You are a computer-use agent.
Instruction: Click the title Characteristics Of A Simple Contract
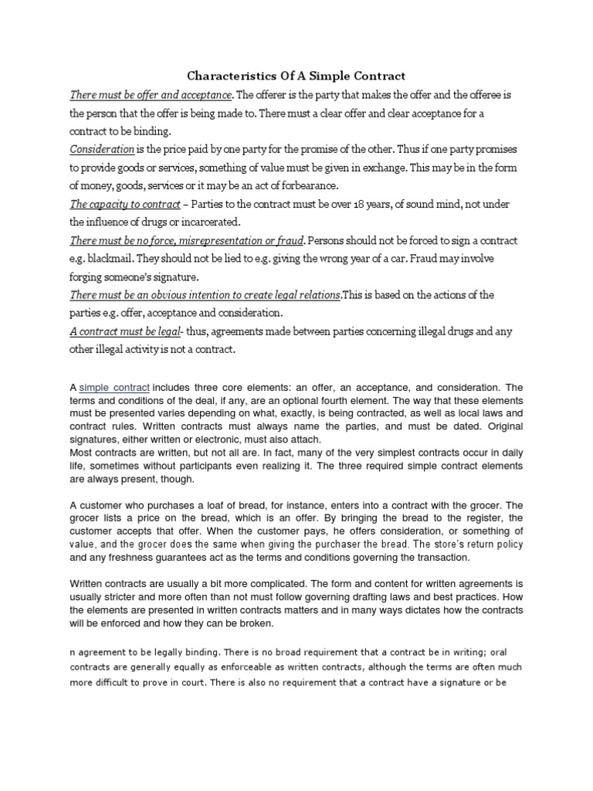click(x=296, y=76)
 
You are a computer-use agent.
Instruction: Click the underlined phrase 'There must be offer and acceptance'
click(x=151, y=95)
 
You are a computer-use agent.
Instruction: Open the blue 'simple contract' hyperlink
click(x=114, y=386)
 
